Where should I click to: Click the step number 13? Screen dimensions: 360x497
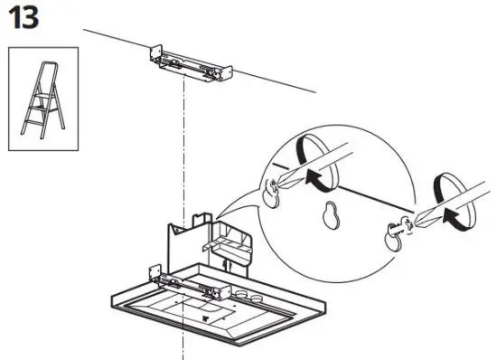click(x=23, y=18)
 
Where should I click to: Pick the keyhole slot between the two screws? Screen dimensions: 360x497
click(x=331, y=215)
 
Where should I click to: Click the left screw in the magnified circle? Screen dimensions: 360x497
click(x=274, y=189)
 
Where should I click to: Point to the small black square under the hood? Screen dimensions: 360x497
click(x=207, y=317)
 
